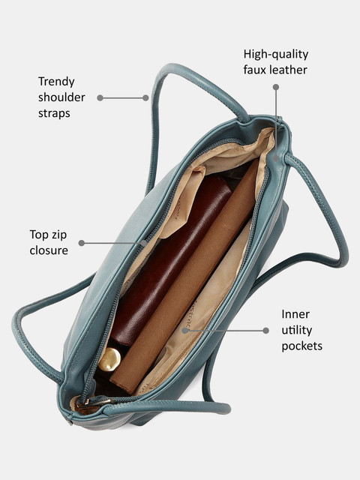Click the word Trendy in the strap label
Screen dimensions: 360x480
[56, 82]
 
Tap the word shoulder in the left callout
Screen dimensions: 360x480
[61, 97]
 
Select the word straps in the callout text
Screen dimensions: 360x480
[54, 114]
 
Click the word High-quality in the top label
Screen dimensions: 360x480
[276, 55]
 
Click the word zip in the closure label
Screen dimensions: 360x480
[58, 235]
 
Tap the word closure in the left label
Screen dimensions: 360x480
[49, 250]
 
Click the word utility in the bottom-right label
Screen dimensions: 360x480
[297, 331]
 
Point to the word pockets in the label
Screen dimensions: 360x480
[301, 346]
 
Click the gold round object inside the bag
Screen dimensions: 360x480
[109, 359]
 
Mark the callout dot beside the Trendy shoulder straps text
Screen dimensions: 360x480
[100, 98]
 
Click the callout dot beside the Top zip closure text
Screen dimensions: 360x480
[82, 243]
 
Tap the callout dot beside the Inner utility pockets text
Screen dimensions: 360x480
[266, 331]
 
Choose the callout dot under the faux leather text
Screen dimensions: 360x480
[276, 87]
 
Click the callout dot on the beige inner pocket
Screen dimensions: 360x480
[184, 331]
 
